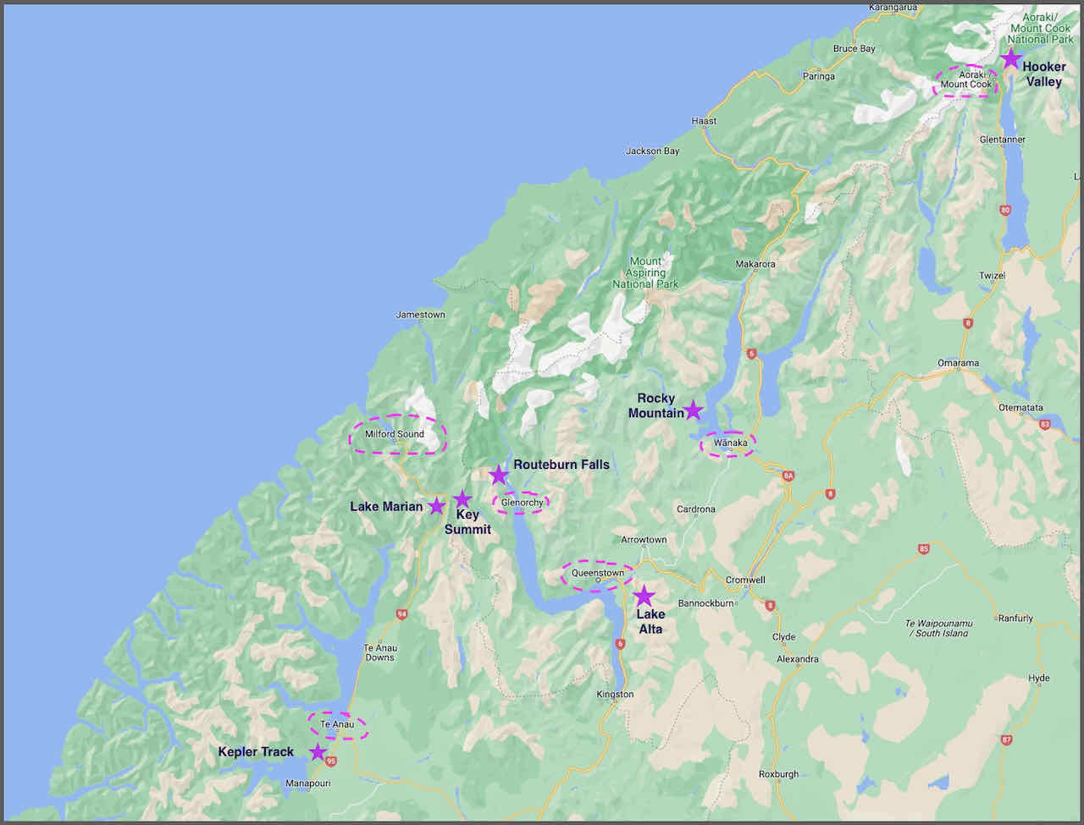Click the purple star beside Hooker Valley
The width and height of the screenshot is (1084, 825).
coord(1010,58)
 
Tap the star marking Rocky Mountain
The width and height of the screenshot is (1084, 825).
coord(694,410)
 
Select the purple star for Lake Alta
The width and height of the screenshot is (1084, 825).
coord(644,595)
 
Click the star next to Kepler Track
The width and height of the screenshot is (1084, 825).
coord(318,751)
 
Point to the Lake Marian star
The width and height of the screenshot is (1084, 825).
coord(436,506)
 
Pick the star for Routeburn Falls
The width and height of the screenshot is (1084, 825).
coord(499,475)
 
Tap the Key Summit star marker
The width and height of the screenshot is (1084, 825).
coord(462,499)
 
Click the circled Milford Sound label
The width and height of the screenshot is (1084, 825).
coord(395,434)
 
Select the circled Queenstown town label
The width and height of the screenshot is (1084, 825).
coord(598,574)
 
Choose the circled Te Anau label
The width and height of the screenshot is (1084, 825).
coord(337,724)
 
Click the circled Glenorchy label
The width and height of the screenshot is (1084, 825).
coord(522,503)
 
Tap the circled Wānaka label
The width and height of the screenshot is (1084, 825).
coord(730,443)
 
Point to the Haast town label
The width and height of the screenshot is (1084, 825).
coord(704,121)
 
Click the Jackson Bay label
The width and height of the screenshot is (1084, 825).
coord(652,151)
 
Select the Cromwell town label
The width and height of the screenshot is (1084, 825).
coord(745,580)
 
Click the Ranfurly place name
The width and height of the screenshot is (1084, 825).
coord(1015,619)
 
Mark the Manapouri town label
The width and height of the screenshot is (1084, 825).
coord(307,784)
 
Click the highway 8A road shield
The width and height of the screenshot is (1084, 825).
coord(788,476)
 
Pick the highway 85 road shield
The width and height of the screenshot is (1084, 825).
coord(923,549)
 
